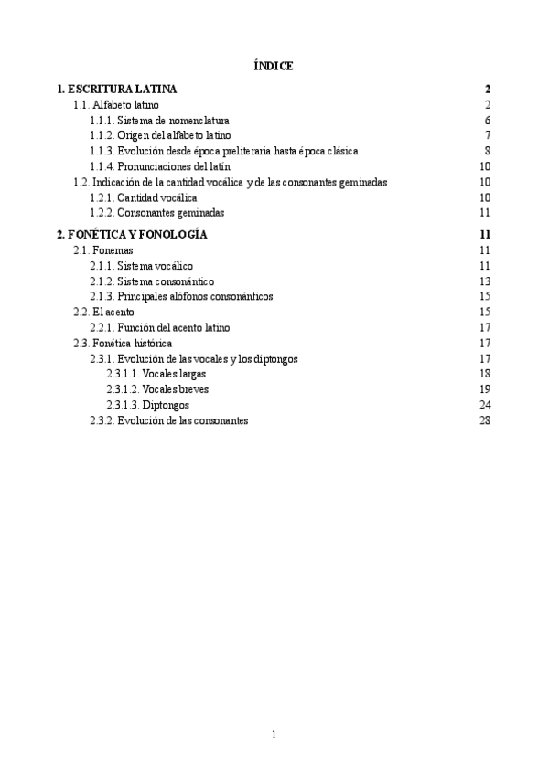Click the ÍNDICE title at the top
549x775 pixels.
coord(273,66)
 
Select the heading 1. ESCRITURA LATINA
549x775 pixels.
coord(116,90)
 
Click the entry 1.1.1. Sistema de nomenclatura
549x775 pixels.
coord(159,121)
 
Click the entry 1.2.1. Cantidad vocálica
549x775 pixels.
coord(143,197)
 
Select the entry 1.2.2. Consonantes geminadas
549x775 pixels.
coord(156,213)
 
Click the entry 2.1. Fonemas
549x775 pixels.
coord(102,250)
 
